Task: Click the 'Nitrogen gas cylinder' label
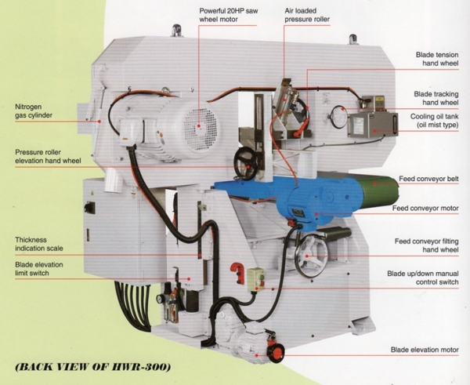(34, 111)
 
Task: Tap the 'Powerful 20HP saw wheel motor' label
(229, 15)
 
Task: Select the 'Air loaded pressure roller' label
(307, 15)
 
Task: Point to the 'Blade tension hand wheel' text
(437, 59)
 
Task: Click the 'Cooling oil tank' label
(434, 120)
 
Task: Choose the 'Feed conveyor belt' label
(428, 179)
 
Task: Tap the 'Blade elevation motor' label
(425, 350)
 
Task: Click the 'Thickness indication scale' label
(39, 244)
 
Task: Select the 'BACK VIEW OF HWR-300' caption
(93, 367)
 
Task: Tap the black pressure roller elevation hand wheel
(247, 164)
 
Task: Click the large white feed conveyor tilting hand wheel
(309, 256)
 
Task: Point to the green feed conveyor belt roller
(380, 192)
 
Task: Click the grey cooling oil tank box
(372, 125)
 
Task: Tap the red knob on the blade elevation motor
(277, 353)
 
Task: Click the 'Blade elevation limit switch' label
(39, 269)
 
